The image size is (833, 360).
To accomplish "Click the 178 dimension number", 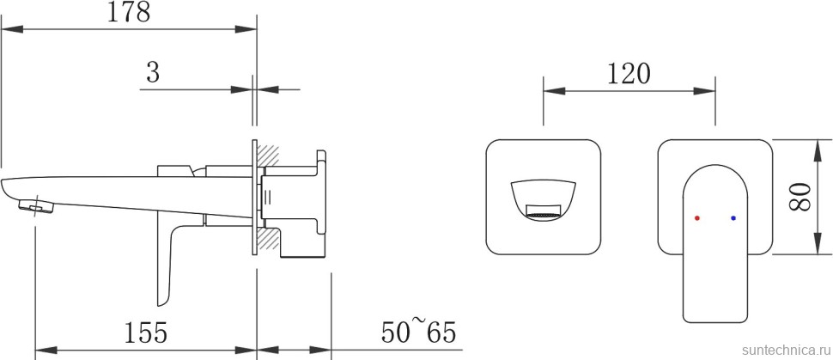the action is pos(129,12).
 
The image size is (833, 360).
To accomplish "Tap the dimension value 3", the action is pos(153,72).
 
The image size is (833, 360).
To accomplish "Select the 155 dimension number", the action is pos(146,333).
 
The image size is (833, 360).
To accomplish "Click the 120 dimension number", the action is pos(629,74).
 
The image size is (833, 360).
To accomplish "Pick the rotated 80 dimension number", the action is pos(800,197).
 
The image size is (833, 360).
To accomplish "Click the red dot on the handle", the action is pos(697,218).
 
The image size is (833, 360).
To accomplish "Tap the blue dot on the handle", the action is pos(733,218).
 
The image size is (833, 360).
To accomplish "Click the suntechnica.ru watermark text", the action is pos(787,350).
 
